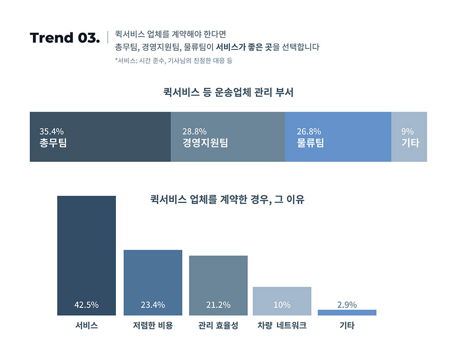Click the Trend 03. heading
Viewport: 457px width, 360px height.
click(64, 38)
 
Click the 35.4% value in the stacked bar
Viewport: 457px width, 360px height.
click(51, 132)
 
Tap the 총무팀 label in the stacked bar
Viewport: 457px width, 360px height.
click(53, 143)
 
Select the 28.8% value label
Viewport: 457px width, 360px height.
click(194, 132)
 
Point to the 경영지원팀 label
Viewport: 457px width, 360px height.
click(205, 143)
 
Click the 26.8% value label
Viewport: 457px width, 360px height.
click(308, 132)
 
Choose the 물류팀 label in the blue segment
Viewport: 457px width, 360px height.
click(310, 143)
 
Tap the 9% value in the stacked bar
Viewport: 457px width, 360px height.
click(407, 132)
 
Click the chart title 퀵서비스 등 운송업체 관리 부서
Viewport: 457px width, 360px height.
click(228, 92)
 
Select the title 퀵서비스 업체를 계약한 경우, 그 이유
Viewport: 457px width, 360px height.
click(227, 199)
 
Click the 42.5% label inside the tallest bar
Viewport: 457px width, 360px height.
click(86, 305)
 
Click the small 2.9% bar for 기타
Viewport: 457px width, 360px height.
click(347, 312)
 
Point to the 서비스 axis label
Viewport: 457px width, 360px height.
click(86, 326)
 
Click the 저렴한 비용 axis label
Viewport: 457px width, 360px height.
click(153, 326)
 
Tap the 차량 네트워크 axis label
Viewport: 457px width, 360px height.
click(282, 326)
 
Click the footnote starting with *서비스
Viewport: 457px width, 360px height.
click(174, 60)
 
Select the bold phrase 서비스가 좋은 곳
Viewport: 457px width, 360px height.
click(244, 47)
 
